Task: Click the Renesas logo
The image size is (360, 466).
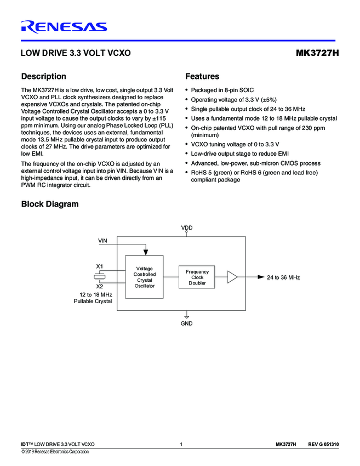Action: point(64,26)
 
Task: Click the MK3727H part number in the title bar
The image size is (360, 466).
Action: point(317,54)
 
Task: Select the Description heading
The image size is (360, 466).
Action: point(43,77)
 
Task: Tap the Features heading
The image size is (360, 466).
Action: point(202,77)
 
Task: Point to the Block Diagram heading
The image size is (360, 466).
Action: point(49,204)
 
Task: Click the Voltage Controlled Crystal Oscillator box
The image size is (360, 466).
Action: point(145,277)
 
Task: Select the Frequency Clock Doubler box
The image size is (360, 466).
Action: point(197,277)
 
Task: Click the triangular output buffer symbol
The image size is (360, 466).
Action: point(232,277)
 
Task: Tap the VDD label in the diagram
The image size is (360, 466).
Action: point(187,228)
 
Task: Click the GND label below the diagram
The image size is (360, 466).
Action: point(187,324)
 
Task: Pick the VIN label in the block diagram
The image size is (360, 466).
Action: point(102,241)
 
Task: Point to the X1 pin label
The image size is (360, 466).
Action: point(100,266)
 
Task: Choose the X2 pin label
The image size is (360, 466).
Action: point(100,286)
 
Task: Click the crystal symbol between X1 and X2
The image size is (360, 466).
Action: point(100,276)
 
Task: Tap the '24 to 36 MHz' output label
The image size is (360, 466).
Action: point(283,278)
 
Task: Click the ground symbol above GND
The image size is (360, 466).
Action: point(187,316)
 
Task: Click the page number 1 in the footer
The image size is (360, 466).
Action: point(181,444)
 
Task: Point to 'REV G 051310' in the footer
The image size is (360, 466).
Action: point(323,444)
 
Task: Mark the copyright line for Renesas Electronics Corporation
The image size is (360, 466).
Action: point(55,452)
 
